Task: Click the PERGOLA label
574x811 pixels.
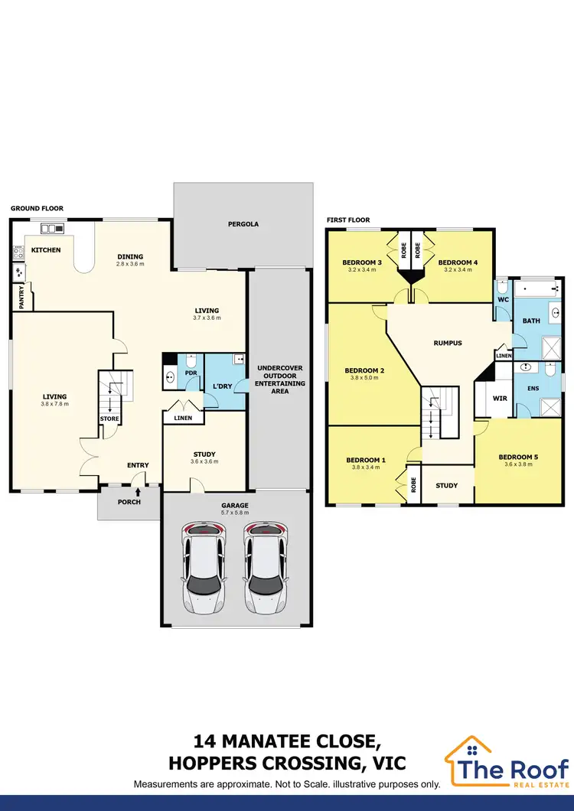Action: [x=243, y=225]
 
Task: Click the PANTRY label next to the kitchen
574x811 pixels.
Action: [x=21, y=297]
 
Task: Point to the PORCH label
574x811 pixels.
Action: [x=128, y=503]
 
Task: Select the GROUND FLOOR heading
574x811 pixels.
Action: [x=37, y=208]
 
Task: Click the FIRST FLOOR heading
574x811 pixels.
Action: [x=348, y=220]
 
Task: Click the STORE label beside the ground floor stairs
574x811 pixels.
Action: [x=108, y=419]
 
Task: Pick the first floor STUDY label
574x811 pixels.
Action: [x=446, y=485]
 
